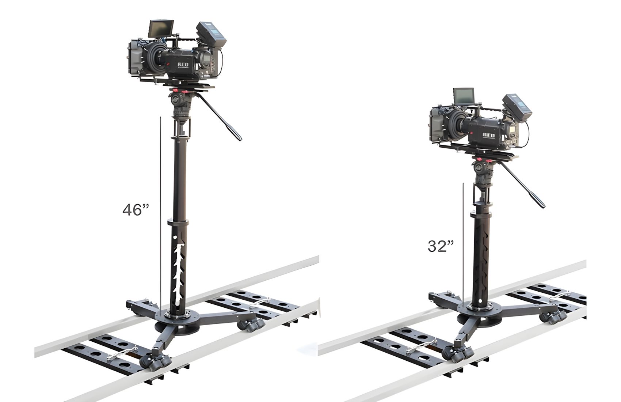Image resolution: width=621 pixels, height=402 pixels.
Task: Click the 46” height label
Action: coord(136,210)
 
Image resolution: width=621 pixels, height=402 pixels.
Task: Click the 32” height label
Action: coord(441,246)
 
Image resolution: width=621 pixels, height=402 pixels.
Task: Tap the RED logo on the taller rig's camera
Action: coord(183,65)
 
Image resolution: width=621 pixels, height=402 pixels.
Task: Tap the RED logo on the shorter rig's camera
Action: coord(488,135)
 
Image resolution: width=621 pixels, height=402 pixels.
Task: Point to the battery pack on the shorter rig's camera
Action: coord(517,107)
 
